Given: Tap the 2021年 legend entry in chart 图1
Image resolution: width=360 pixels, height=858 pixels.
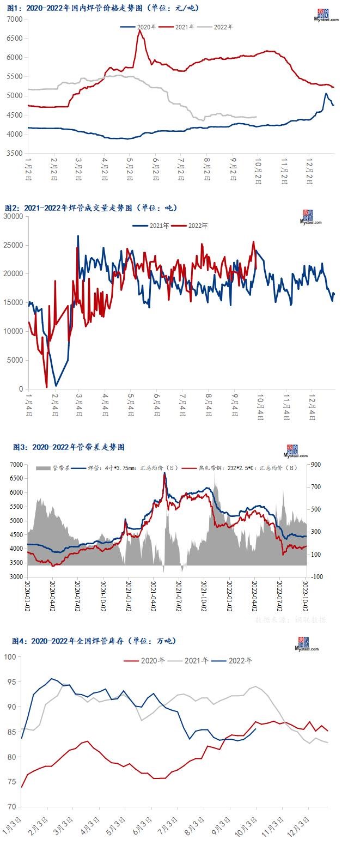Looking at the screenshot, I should [185, 27].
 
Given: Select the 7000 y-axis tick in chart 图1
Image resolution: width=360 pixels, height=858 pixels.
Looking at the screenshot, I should [15, 19].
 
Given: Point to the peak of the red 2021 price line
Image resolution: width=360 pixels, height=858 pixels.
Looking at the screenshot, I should [140, 31].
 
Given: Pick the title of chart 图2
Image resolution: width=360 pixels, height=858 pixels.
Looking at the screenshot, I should [91, 208].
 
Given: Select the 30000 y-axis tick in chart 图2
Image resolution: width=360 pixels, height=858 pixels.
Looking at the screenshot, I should [13, 216].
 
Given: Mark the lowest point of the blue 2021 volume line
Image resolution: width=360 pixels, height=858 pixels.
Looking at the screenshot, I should [56, 386].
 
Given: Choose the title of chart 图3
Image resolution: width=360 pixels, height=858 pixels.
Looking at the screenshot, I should [69, 447].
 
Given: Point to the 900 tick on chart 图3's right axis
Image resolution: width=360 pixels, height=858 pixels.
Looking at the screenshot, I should [318, 464].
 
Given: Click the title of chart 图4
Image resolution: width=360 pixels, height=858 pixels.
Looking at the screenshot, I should [94, 641].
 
